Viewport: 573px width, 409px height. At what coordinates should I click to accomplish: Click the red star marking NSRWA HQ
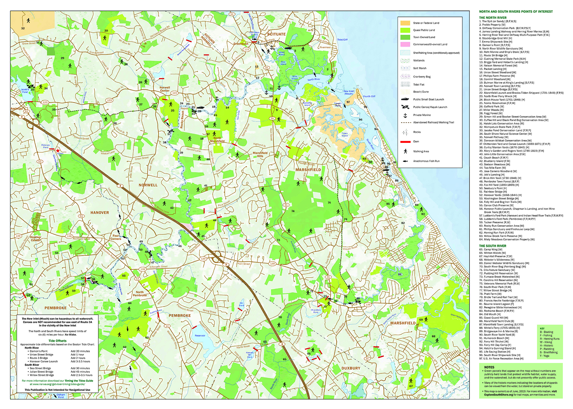click(x=58, y=151)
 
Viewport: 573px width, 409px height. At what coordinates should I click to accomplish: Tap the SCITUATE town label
click(x=276, y=34)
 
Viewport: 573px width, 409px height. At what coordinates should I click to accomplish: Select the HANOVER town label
click(x=99, y=213)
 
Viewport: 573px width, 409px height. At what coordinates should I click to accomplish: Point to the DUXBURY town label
click(x=351, y=368)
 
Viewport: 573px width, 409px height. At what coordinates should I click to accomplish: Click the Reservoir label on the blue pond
click(x=200, y=336)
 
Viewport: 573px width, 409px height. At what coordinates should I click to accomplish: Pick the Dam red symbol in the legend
click(x=405, y=142)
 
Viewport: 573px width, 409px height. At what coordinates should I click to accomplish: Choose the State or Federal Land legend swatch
click(x=405, y=23)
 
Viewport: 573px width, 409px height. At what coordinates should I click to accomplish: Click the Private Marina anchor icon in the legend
click(x=405, y=115)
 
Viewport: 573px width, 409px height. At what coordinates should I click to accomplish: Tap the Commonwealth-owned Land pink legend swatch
click(x=405, y=44)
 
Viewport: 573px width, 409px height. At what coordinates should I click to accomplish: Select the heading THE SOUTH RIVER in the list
click(x=492, y=246)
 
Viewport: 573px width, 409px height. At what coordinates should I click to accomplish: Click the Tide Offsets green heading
click(x=57, y=341)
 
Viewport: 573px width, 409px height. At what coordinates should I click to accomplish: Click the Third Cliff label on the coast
click(x=342, y=40)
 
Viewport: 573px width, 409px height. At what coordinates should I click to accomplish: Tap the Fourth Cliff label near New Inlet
click(x=369, y=96)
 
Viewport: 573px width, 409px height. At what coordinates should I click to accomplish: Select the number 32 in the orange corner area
click(x=23, y=28)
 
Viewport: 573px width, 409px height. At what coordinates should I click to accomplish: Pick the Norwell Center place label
click(x=165, y=89)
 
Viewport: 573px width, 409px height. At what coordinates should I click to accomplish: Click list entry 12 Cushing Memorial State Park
click(x=503, y=59)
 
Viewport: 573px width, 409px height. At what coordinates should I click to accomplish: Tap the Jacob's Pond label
click(x=25, y=91)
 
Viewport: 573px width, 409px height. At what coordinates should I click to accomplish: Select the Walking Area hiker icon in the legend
click(x=405, y=151)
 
